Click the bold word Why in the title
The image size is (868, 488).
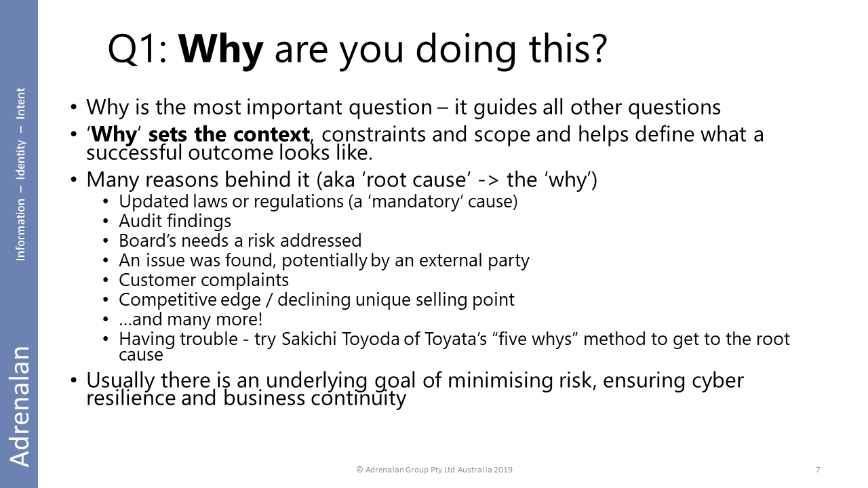[220, 50]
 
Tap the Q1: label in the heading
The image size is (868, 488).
[137, 49]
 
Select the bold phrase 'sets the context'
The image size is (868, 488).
[229, 135]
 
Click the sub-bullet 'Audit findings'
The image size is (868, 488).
[175, 221]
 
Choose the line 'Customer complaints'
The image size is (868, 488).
[204, 281]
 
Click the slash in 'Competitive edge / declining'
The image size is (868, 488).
[269, 300]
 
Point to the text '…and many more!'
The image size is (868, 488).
[191, 319]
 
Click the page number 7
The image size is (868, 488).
[818, 470]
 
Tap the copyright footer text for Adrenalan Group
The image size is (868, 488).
[434, 470]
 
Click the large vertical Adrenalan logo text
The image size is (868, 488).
[20, 406]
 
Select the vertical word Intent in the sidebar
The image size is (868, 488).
[20, 104]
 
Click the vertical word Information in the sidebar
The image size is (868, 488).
[20, 230]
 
